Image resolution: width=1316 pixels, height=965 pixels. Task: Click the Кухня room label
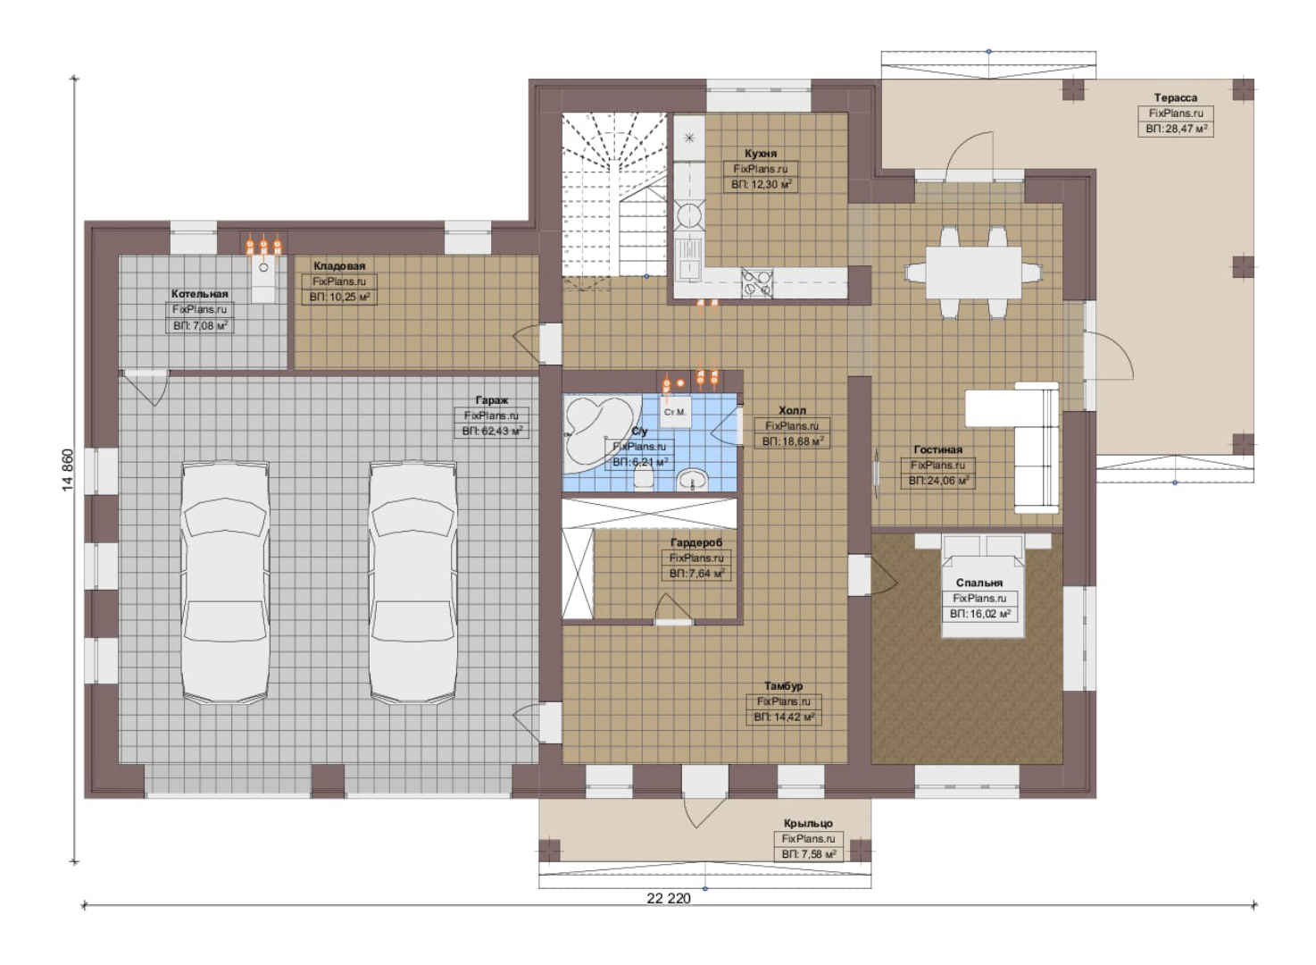coord(760,154)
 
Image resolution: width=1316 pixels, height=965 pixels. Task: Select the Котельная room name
coord(200,293)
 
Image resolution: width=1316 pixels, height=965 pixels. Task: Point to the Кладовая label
coord(339,265)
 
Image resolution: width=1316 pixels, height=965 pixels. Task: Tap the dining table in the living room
coord(973,273)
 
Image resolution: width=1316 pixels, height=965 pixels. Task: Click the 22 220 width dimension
coord(669,899)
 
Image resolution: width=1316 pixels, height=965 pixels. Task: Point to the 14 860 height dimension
coord(69,470)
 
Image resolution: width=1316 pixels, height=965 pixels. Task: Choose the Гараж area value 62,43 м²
coord(492,431)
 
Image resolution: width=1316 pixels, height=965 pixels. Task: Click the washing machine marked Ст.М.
coord(675,412)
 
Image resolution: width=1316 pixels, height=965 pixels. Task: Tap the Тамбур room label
coord(783,686)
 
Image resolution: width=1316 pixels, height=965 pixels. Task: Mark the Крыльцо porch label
coord(808,824)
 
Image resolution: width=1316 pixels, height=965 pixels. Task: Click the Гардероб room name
coord(696,542)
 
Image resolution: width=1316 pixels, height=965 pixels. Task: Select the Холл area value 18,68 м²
coord(793,441)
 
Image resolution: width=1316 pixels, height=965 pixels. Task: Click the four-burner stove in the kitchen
coord(757,283)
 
